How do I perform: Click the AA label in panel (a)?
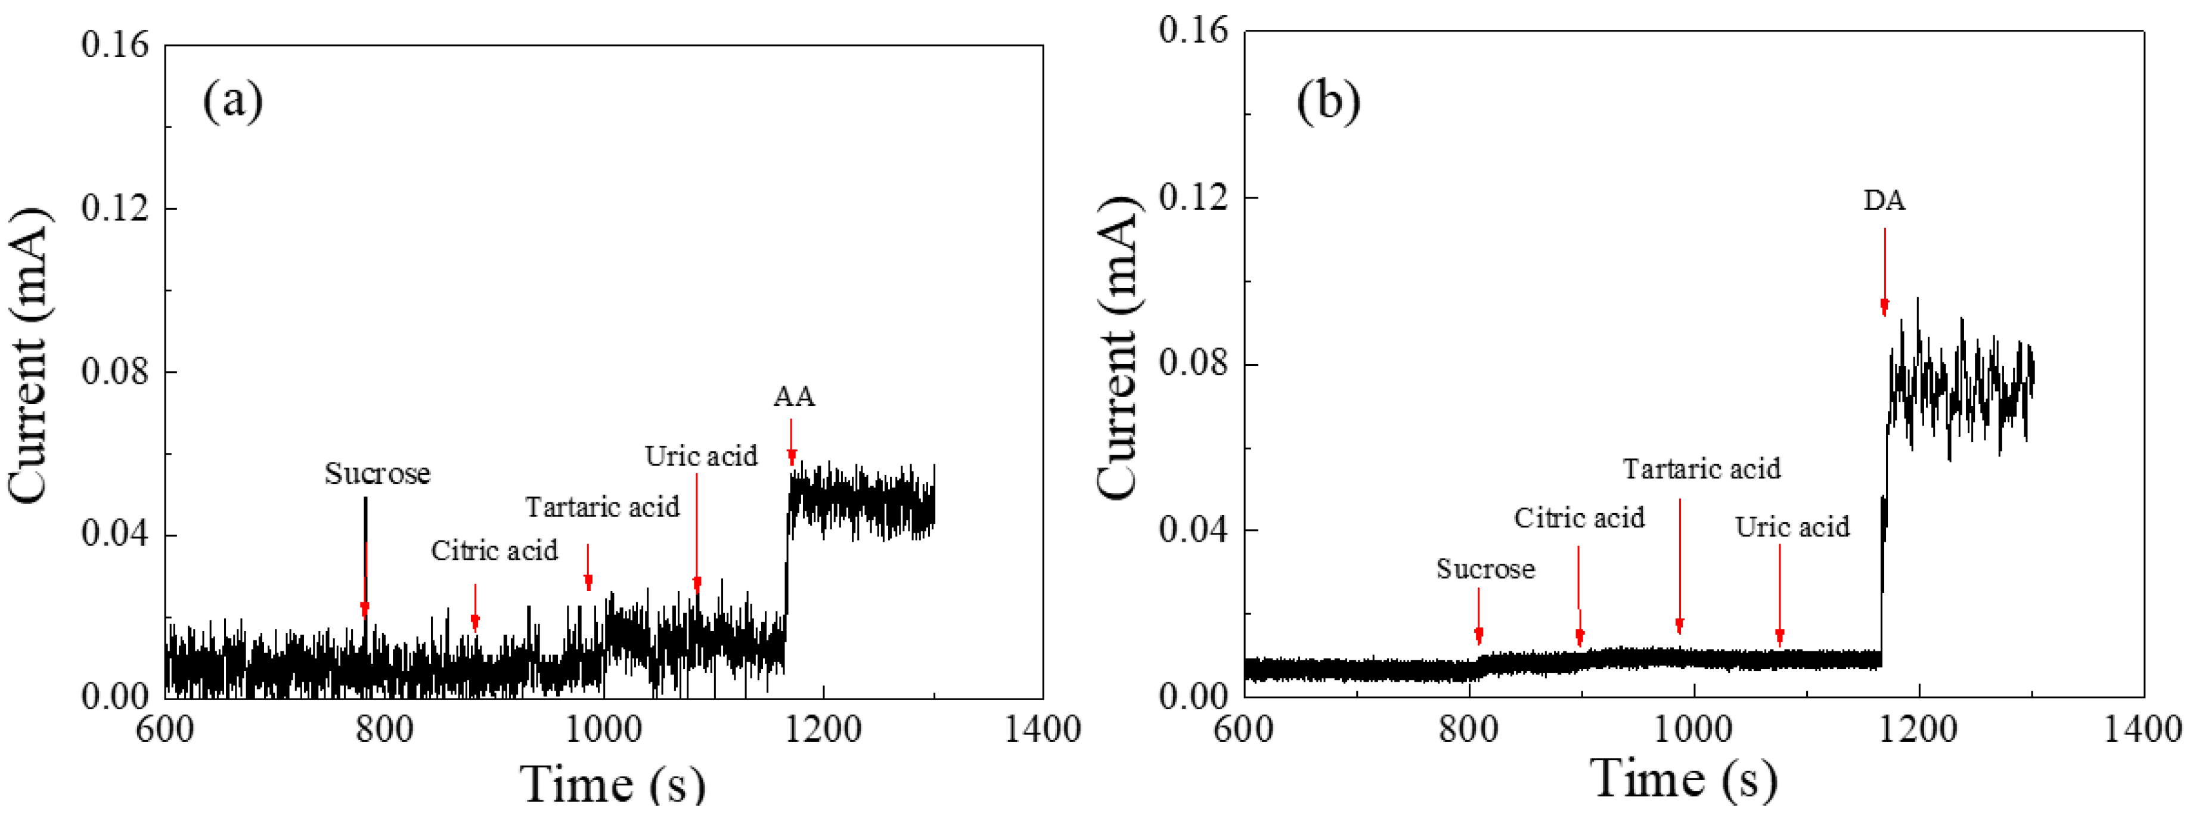[x=793, y=397]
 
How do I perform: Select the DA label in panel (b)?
[x=1884, y=201]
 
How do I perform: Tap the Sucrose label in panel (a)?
[x=377, y=473]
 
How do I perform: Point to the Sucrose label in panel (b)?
[x=1485, y=569]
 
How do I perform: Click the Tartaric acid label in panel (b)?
[x=1701, y=469]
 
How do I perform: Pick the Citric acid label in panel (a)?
[x=494, y=551]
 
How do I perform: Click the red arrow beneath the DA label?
[x=1884, y=272]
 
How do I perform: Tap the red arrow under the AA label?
[x=792, y=443]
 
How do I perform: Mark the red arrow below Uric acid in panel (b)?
[x=1779, y=596]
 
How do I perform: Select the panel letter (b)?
[x=1328, y=101]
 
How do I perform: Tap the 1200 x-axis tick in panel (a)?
[x=823, y=730]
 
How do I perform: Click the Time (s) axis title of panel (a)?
[x=613, y=783]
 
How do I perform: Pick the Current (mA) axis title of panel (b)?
[x=1117, y=349]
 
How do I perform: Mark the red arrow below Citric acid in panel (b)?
[x=1579, y=596]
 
